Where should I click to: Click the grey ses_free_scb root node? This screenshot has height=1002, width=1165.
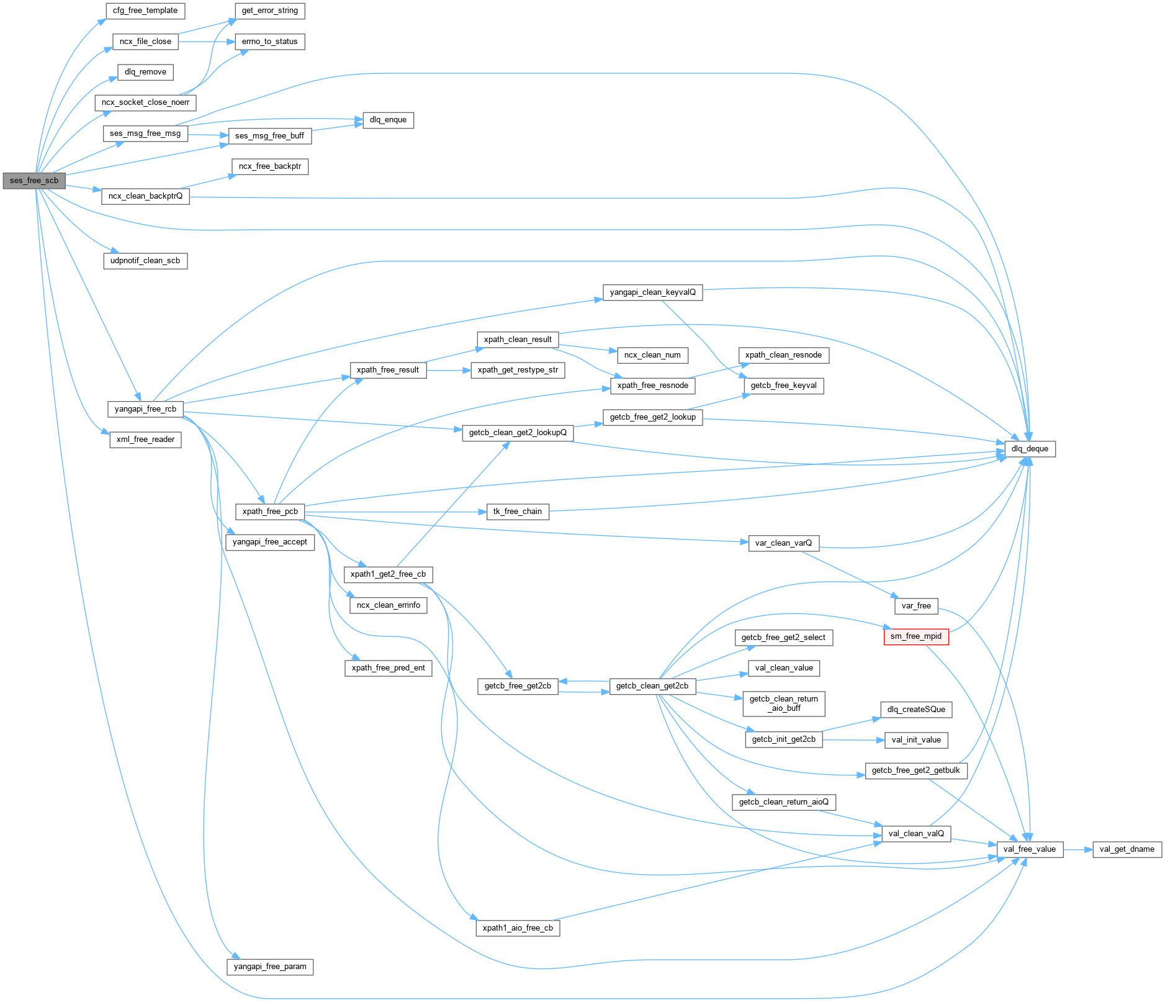34,181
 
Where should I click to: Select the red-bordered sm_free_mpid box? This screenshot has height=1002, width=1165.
916,636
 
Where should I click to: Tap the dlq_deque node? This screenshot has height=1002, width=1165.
1030,449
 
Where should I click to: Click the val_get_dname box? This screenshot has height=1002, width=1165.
1127,849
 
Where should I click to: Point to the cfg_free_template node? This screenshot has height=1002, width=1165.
145,11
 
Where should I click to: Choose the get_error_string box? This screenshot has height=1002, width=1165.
270,11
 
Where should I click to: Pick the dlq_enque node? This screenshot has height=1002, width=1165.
388,120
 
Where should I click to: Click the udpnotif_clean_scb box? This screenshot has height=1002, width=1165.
145,261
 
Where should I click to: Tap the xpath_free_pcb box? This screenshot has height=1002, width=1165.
270,512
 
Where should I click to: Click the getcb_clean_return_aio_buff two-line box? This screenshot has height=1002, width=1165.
783,703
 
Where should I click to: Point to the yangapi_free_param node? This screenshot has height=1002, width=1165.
270,967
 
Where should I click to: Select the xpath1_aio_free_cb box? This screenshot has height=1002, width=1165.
518,928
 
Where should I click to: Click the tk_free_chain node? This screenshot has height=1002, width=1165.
518,512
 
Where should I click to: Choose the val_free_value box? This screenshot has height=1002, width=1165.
1029,849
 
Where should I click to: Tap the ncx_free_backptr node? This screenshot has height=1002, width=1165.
270,166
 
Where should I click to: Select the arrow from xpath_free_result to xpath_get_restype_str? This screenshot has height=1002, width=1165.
449,370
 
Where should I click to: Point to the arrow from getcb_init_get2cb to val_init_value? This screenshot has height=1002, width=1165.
853,740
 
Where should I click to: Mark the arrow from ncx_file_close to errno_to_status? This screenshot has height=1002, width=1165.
206,42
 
